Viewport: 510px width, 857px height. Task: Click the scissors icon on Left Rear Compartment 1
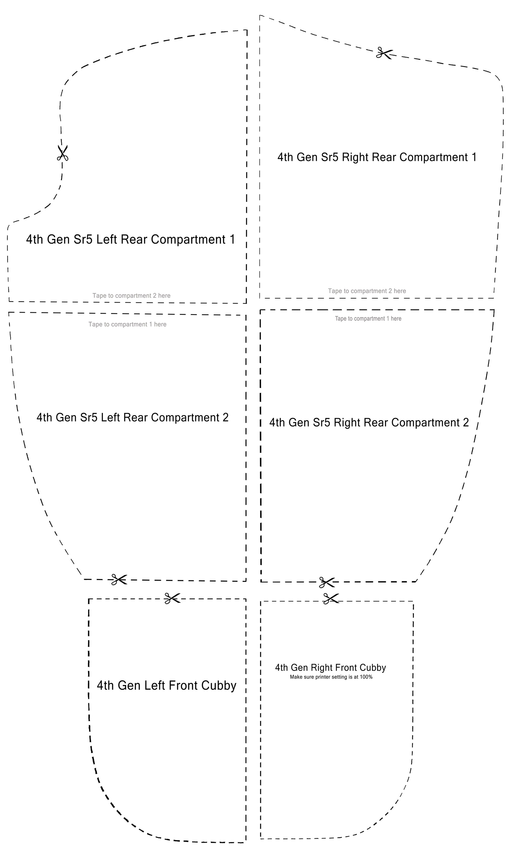click(x=63, y=153)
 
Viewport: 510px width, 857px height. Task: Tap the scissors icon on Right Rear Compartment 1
click(x=384, y=53)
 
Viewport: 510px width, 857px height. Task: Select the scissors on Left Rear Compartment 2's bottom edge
click(x=119, y=580)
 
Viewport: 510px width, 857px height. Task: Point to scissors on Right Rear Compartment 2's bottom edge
click(x=327, y=582)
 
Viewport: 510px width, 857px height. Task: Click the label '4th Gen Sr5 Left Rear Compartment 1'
click(x=131, y=239)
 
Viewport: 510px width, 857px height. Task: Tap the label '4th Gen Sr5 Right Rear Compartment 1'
click(x=377, y=157)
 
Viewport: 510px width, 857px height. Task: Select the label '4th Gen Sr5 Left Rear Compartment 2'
click(x=133, y=417)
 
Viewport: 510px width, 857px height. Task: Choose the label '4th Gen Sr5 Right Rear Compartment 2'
click(x=369, y=423)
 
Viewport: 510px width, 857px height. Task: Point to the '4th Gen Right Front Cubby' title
click(x=330, y=667)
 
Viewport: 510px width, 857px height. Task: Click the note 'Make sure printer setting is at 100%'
click(x=331, y=677)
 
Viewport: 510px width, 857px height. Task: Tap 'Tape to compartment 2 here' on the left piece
click(x=131, y=296)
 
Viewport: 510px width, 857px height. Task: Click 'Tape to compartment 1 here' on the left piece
click(x=127, y=325)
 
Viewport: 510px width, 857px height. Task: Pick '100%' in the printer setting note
click(x=366, y=677)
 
